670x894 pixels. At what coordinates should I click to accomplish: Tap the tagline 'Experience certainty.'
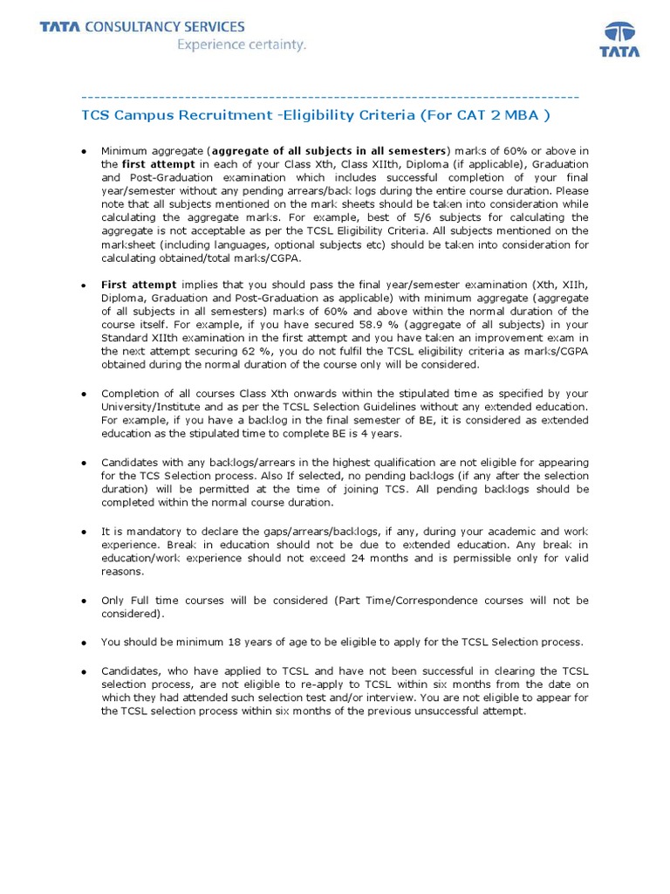point(242,45)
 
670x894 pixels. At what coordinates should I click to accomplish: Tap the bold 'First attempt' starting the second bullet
point(139,285)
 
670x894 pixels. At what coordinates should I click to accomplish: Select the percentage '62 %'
point(245,350)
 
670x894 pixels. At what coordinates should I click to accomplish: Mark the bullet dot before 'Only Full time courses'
point(83,602)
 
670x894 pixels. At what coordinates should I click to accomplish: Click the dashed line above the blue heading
point(330,96)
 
